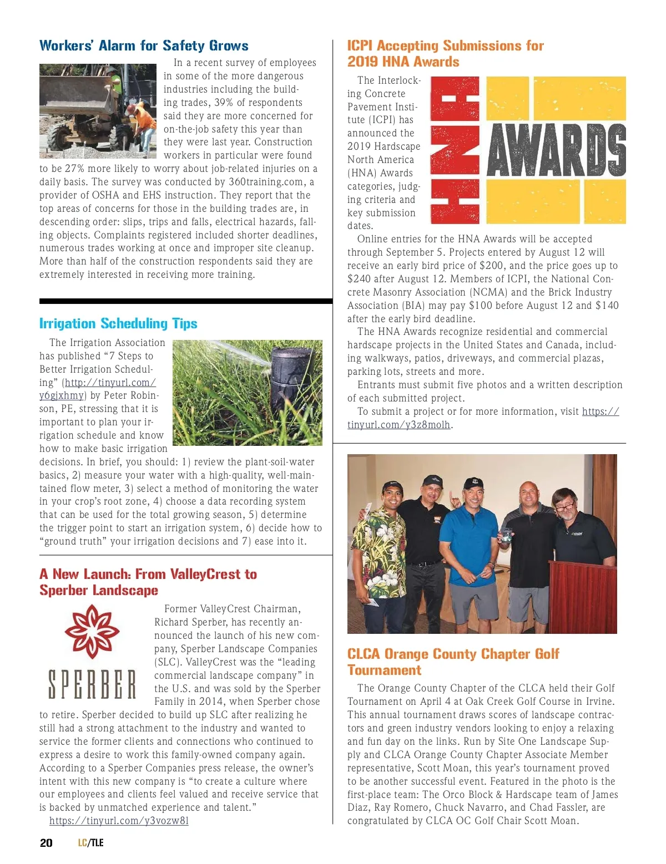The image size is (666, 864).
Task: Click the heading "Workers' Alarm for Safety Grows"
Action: (x=144, y=45)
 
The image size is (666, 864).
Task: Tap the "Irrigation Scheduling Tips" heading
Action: (x=118, y=323)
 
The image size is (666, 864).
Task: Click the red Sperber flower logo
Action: (x=92, y=632)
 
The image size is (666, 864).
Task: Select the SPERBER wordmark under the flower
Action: (x=92, y=684)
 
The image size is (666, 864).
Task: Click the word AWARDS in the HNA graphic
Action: (x=556, y=150)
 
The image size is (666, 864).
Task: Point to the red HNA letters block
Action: (x=455, y=150)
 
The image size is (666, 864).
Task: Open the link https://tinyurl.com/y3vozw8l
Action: (x=119, y=821)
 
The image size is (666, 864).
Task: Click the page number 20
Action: (x=46, y=843)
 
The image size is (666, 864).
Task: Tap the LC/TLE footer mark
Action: (x=90, y=843)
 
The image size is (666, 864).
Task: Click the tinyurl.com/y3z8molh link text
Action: (x=398, y=425)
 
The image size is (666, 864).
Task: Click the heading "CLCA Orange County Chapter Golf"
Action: (x=453, y=654)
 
